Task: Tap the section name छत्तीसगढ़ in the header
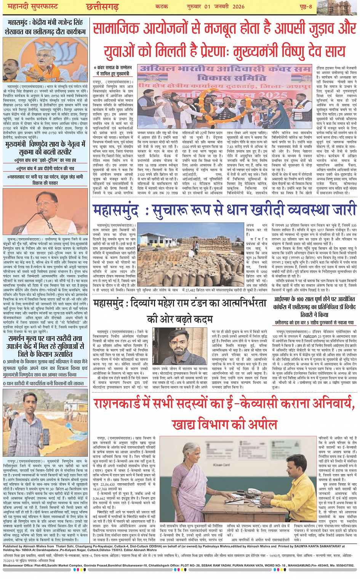point(102,6)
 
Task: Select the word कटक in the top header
point(162,6)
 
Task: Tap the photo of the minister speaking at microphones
point(45,59)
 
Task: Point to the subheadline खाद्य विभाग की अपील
point(224,424)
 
